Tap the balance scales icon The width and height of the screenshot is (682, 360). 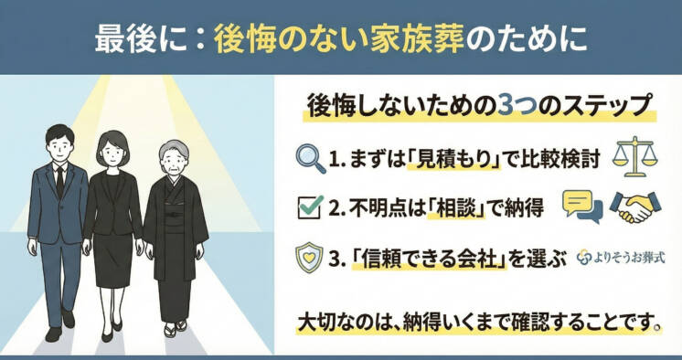[x=634, y=156]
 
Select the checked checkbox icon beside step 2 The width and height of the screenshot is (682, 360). [x=309, y=207]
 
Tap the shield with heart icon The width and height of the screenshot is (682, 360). [x=309, y=257]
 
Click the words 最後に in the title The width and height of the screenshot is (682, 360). [x=137, y=39]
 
